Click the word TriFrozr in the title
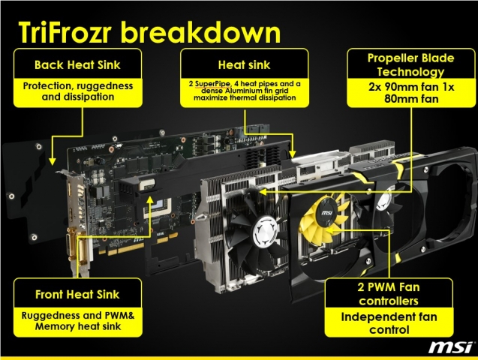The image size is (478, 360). pos(64,32)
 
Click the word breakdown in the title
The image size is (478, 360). pos(200,32)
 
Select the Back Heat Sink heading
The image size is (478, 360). pos(77,64)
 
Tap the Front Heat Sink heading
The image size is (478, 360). pos(77,295)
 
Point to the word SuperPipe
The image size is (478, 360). pos(212,84)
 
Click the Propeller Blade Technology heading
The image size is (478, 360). pos(411,64)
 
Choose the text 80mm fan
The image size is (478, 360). pos(411,99)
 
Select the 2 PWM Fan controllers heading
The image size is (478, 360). pos(389,294)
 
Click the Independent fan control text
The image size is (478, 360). pos(389,323)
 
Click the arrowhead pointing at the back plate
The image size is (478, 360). pos(53,161)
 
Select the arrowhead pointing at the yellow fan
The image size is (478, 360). pos(330,230)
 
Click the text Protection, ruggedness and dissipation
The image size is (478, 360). pos(78,91)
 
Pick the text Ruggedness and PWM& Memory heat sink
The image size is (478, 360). pos(78,321)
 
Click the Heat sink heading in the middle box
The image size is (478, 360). pos(244,64)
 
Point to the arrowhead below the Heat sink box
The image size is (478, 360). pos(293,154)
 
